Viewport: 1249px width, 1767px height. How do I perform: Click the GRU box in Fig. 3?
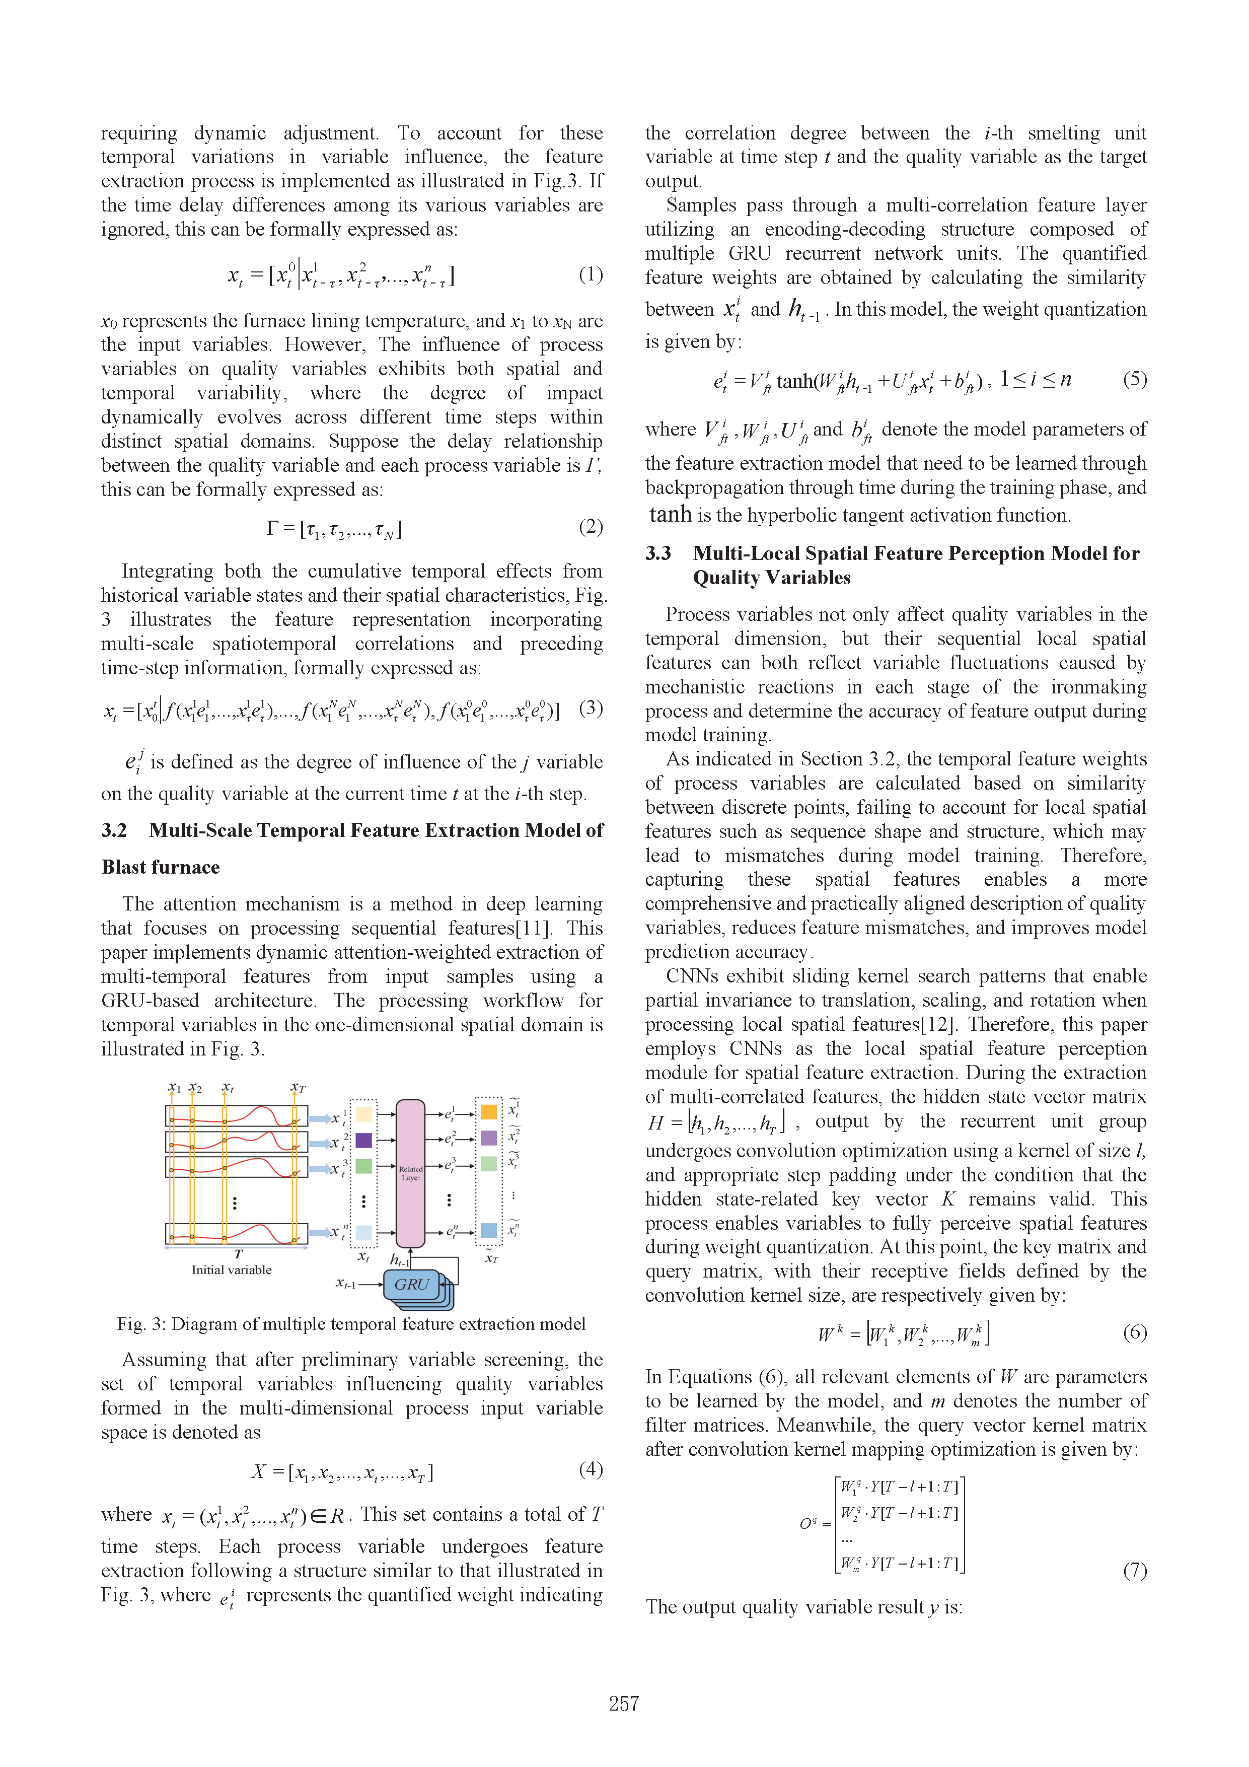[x=412, y=1285]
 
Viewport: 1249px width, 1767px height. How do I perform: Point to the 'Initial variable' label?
[x=231, y=1270]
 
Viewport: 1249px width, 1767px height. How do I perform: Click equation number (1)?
[x=590, y=275]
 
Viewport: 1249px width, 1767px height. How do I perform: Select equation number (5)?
[x=1134, y=379]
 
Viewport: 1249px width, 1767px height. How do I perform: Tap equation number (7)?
[x=1134, y=1570]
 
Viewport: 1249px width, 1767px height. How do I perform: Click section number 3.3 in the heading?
[x=658, y=553]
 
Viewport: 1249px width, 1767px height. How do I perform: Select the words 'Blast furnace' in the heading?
[x=161, y=867]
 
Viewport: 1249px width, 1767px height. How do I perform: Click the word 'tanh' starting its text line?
[x=670, y=514]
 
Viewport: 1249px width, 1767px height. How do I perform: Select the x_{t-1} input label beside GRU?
[x=345, y=1284]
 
